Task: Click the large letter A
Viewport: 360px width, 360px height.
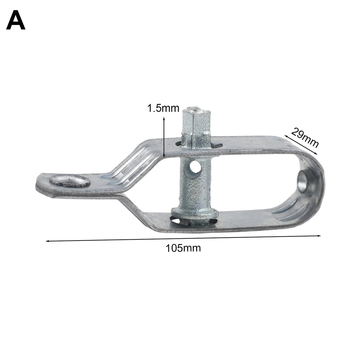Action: [16, 20]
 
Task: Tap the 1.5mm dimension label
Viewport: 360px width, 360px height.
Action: [163, 108]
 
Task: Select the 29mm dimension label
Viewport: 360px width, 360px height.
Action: [305, 138]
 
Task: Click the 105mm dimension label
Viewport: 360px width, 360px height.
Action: [183, 248]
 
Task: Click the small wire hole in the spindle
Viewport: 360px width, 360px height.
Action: [195, 166]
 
